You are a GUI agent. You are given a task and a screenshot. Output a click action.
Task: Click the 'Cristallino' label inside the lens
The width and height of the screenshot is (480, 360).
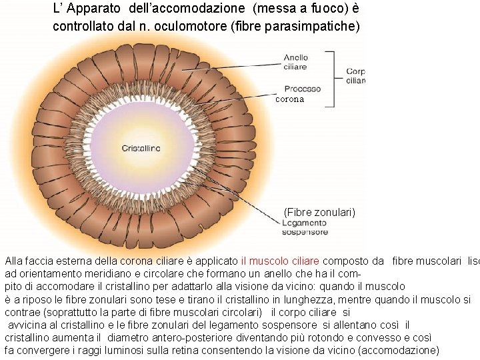click(x=141, y=148)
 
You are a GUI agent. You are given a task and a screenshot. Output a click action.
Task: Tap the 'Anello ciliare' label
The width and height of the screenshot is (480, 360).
click(x=295, y=62)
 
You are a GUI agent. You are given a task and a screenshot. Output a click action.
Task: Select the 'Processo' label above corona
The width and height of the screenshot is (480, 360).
click(x=302, y=88)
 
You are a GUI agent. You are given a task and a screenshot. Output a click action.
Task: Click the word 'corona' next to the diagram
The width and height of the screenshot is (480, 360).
click(x=289, y=99)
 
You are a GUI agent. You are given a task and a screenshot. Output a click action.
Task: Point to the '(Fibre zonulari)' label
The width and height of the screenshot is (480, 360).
click(x=319, y=212)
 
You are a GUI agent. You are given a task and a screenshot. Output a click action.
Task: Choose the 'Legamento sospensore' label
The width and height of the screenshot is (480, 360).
click(x=305, y=228)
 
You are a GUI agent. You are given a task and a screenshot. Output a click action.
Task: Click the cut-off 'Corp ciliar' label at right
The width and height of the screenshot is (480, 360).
click(x=355, y=75)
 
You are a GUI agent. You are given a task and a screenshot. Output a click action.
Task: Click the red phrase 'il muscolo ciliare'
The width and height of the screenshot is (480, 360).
click(x=280, y=261)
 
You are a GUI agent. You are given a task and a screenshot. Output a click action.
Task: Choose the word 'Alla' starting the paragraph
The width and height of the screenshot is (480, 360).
click(x=14, y=261)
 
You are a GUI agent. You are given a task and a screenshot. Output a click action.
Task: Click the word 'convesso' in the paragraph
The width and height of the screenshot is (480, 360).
click(x=394, y=337)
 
